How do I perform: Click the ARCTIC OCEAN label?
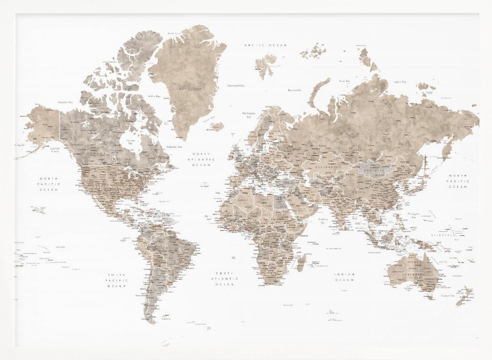[266, 45]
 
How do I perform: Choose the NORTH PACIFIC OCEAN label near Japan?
[458, 181]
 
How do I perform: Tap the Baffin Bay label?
[154, 97]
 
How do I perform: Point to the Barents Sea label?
[294, 90]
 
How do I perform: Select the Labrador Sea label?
[173, 146]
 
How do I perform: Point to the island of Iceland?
[216, 127]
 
